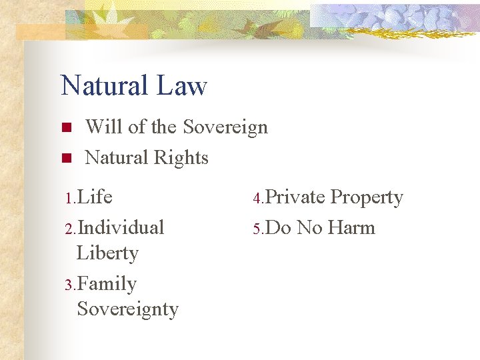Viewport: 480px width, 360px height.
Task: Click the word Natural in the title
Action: pos(103,86)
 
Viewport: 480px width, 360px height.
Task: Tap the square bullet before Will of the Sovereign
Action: pos(65,127)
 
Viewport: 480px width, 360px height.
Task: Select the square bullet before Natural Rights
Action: pos(65,158)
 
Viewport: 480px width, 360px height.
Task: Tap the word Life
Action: pos(95,197)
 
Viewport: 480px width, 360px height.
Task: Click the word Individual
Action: pos(121,227)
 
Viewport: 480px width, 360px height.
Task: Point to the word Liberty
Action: pos(107,253)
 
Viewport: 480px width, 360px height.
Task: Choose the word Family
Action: pos(107,285)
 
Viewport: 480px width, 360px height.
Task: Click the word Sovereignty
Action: pos(128,309)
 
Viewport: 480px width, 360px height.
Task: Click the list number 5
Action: pos(257,229)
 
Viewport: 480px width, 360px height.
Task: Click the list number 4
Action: pos(257,199)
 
